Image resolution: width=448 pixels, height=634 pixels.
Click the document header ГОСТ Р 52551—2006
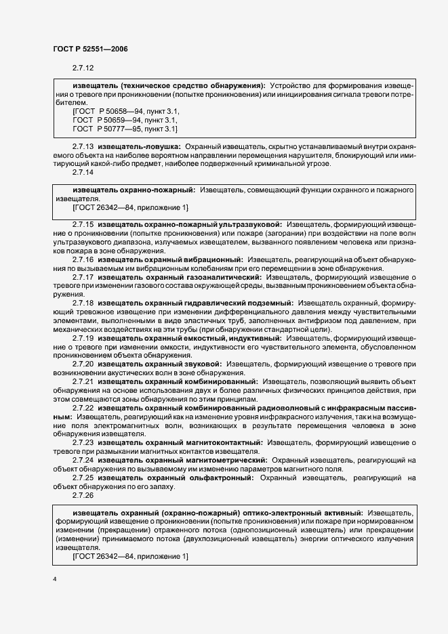click(89, 49)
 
